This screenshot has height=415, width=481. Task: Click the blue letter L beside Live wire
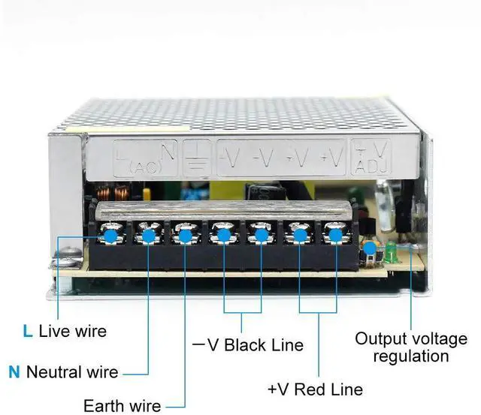point(28,331)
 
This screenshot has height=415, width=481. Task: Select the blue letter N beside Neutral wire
point(14,371)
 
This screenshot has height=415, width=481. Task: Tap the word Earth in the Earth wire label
point(102,406)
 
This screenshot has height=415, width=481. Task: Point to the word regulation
point(410,357)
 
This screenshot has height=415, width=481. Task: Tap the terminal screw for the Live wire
point(110,236)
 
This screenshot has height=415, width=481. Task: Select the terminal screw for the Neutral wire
point(148,236)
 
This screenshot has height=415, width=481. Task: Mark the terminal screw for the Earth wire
point(185,236)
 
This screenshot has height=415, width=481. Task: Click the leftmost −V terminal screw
point(223,236)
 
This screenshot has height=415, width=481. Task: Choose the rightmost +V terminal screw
point(333,236)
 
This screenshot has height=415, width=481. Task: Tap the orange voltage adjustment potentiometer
point(369,248)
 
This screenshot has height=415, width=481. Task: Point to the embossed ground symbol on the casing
point(198,158)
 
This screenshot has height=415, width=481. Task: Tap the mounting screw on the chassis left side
point(64,263)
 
